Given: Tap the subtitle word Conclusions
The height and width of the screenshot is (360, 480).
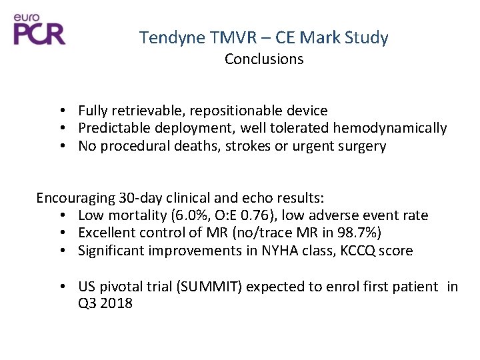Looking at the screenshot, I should pos(264,59).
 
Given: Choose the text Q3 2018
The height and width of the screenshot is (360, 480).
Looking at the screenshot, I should pos(105,304).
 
